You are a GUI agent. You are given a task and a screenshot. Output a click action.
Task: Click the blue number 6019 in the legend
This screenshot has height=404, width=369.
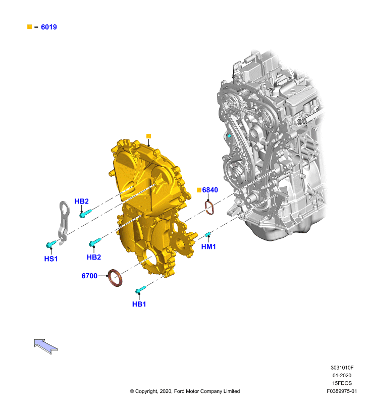coord(49,27)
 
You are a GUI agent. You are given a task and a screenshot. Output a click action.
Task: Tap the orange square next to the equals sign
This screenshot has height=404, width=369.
coord(30,27)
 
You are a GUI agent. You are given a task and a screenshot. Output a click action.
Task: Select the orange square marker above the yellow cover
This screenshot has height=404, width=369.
coord(148,136)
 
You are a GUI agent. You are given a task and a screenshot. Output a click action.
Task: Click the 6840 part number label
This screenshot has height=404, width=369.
coord(210,190)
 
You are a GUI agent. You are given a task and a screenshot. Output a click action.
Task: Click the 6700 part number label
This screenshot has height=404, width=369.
coord(89,276)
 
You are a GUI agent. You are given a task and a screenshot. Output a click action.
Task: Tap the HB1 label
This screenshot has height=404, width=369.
coord(139,305)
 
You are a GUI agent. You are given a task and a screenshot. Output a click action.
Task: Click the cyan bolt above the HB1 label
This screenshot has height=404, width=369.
coord(141,289)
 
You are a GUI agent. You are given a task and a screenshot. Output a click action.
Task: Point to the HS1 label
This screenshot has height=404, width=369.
coord(50,259)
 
